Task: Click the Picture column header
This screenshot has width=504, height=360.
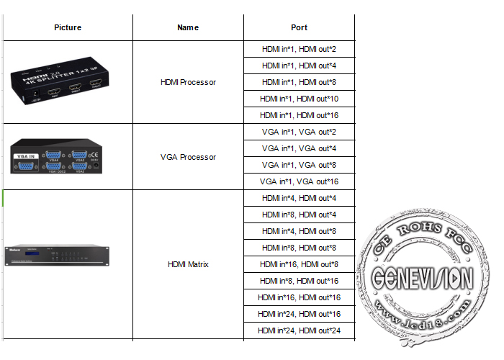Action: pyautogui.click(x=68, y=27)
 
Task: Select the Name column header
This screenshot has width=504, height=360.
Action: pyautogui.click(x=188, y=27)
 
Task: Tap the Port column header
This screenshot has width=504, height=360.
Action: pyautogui.click(x=299, y=27)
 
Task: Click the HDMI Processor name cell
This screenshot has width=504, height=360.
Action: pyautogui.click(x=188, y=82)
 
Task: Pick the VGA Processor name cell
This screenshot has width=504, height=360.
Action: pyautogui.click(x=188, y=157)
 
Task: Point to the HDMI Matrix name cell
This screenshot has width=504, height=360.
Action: pyautogui.click(x=188, y=264)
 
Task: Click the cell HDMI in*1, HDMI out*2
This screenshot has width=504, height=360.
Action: pyautogui.click(x=299, y=49)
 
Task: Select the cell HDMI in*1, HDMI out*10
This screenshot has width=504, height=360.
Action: pyautogui.click(x=299, y=99)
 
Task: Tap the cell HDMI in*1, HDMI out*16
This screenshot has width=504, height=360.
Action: pyautogui.click(x=299, y=115)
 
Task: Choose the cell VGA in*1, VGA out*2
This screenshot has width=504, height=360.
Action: pyautogui.click(x=299, y=132)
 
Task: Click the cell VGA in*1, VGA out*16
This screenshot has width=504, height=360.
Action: pyautogui.click(x=299, y=181)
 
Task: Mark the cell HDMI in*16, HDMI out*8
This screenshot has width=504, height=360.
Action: pyautogui.click(x=299, y=264)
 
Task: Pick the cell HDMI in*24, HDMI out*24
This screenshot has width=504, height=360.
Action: pyautogui.click(x=299, y=330)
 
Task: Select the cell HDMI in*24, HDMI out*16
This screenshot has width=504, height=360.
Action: pyautogui.click(x=299, y=314)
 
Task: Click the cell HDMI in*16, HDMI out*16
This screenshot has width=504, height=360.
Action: pyautogui.click(x=299, y=297)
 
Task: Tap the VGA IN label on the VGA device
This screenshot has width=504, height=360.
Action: pyautogui.click(x=26, y=155)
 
